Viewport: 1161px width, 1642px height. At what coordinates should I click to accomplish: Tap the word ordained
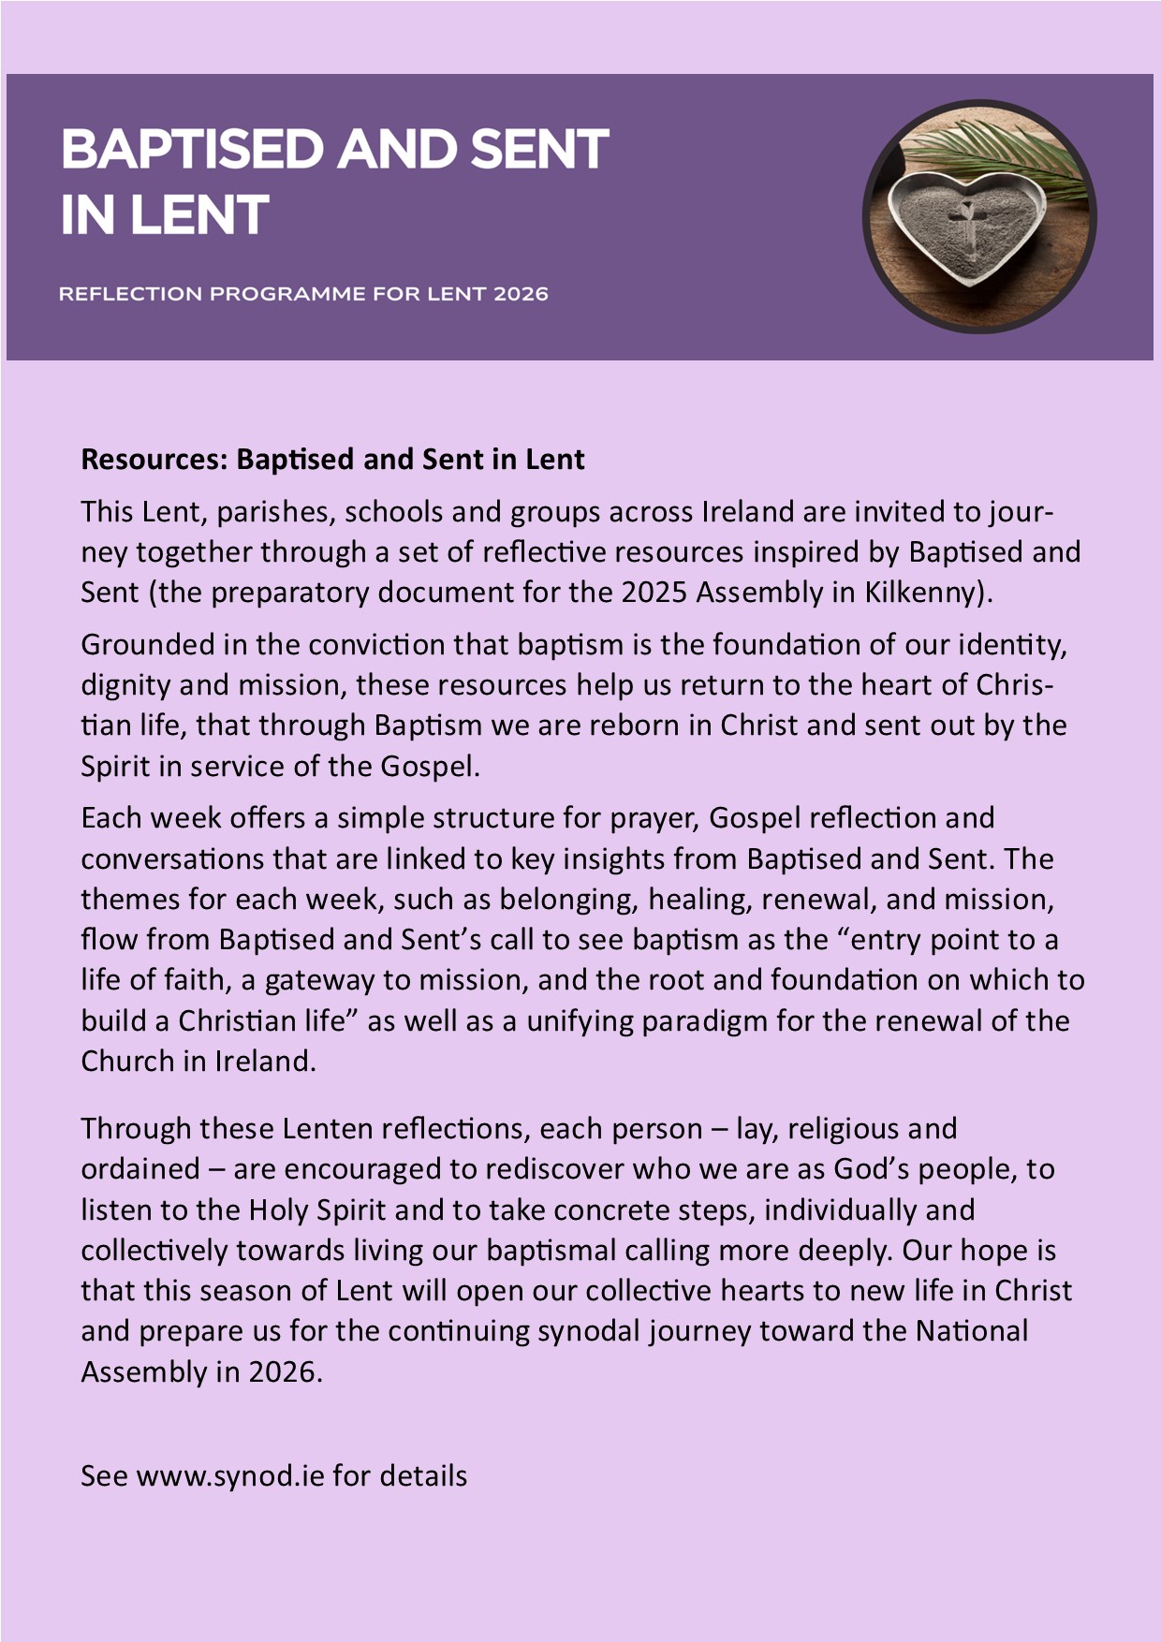(x=140, y=1169)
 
